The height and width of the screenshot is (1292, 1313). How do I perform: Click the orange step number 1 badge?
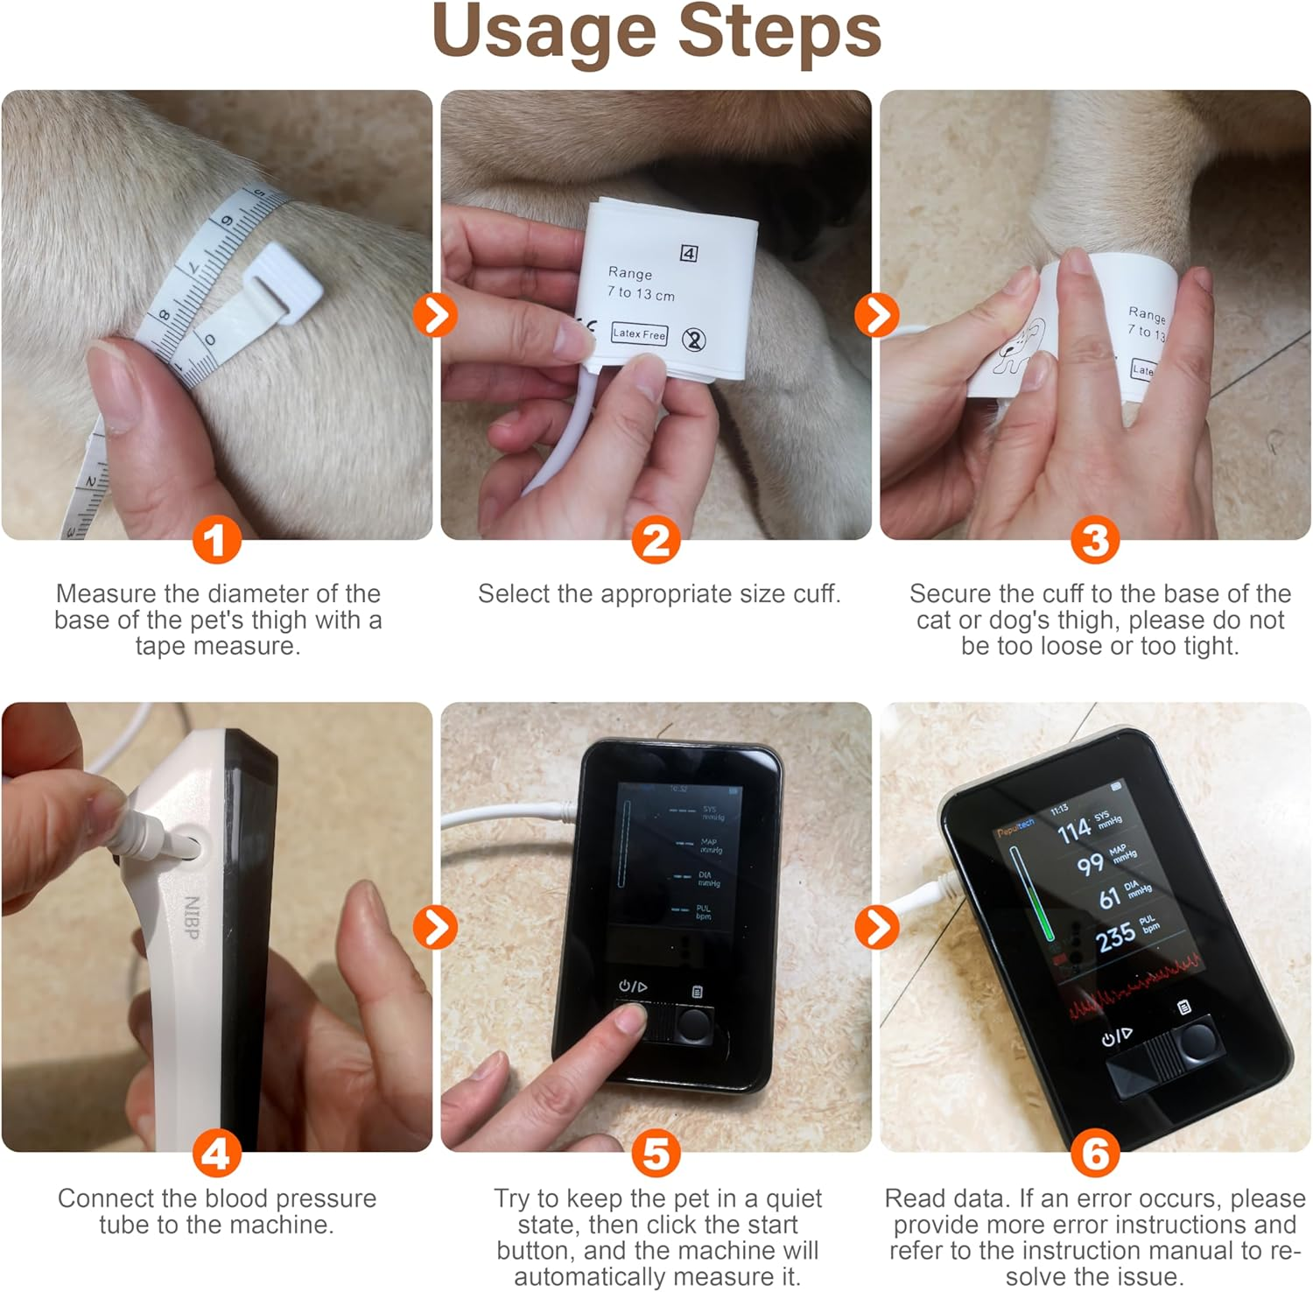[216, 540]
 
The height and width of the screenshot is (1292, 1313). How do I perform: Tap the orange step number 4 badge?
[216, 1154]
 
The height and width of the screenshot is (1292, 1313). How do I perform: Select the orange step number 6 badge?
[1095, 1154]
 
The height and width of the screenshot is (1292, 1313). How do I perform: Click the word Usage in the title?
[544, 32]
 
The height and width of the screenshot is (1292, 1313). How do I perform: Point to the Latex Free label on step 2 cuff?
[639, 334]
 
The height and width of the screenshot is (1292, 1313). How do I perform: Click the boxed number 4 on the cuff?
[689, 254]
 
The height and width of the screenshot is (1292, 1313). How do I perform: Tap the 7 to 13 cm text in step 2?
[641, 293]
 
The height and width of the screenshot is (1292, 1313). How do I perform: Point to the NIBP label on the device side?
[192, 917]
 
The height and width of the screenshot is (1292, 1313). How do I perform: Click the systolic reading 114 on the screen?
[1074, 831]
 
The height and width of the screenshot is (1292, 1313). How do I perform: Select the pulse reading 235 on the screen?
[1115, 937]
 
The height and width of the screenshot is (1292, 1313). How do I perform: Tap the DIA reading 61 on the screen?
[1109, 898]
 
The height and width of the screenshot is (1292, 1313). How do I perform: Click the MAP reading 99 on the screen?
[1090, 865]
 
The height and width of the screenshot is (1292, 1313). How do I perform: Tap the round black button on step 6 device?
[1195, 1041]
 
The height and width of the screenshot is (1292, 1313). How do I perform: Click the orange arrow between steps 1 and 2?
[436, 314]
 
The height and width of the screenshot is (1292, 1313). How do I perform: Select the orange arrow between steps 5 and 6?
[875, 927]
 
